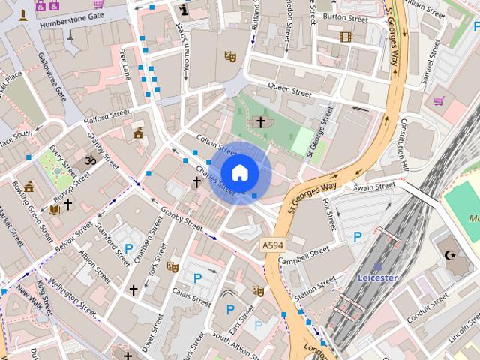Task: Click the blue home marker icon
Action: (239, 173)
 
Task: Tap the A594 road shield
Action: (273, 245)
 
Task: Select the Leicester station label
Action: (377, 277)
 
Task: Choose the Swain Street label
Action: (374, 186)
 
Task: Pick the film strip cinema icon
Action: (345, 36)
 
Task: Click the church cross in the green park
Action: (261, 121)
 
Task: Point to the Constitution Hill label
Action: (405, 142)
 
